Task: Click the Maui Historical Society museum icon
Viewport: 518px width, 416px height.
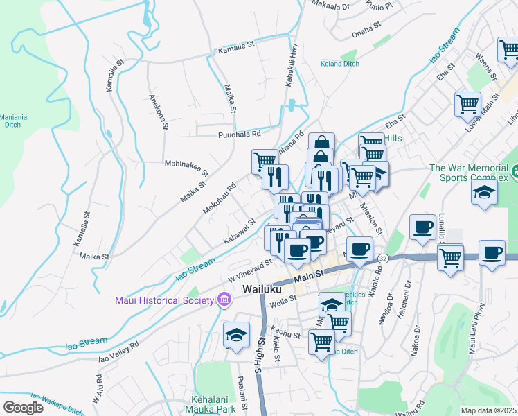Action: click(x=224, y=300)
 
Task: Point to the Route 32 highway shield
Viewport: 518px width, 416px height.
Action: click(x=383, y=258)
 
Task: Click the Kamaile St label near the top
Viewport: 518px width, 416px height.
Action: click(x=237, y=51)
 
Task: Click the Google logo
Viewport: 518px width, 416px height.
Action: click(x=23, y=407)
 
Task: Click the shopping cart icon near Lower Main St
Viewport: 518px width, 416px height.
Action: click(x=467, y=104)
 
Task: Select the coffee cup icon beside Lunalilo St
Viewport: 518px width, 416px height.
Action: click(x=422, y=227)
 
